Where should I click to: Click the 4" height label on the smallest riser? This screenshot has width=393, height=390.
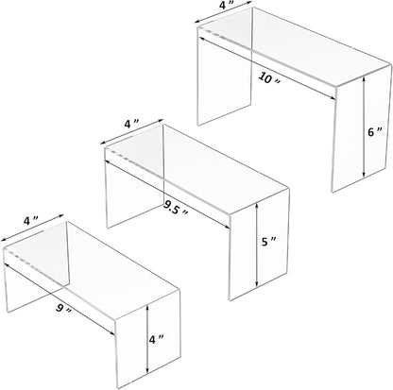(x=164, y=335)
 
